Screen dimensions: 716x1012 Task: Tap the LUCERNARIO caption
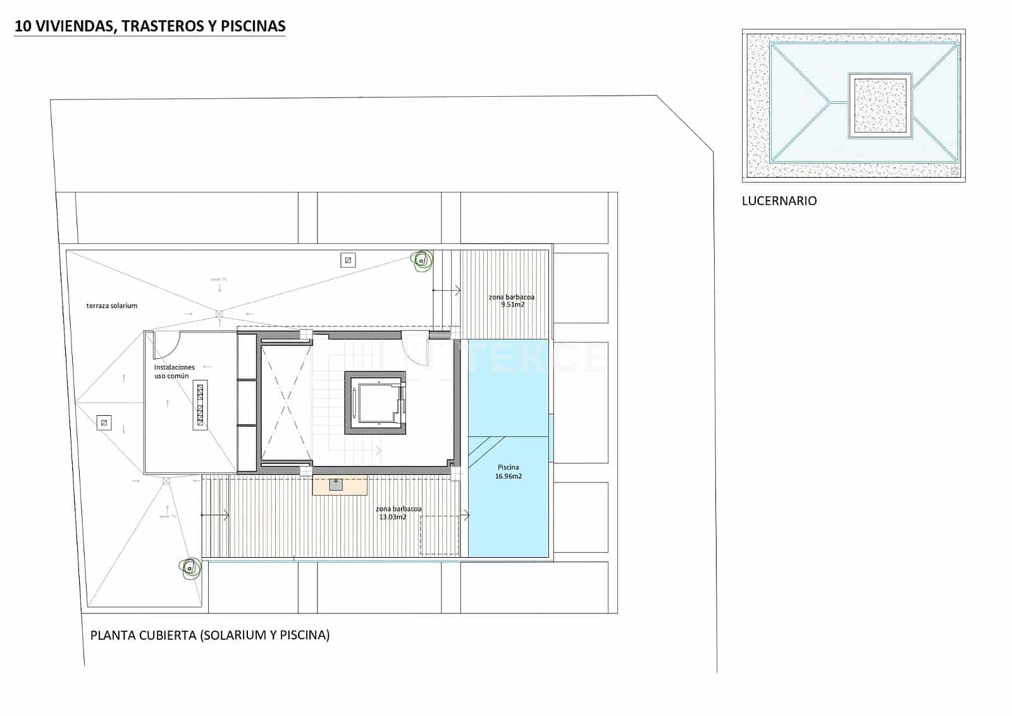pyautogui.click(x=779, y=201)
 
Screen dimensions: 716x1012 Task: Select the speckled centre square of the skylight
pyautogui.click(x=880, y=106)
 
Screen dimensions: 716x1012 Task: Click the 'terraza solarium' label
pyautogui.click(x=112, y=306)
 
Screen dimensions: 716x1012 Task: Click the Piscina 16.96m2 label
pyautogui.click(x=509, y=472)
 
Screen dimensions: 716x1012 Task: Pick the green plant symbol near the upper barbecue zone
pyautogui.click(x=421, y=260)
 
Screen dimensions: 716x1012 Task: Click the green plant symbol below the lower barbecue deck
pyautogui.click(x=189, y=568)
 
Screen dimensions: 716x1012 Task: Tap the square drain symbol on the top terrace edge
pyautogui.click(x=347, y=260)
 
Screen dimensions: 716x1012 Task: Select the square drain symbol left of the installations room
pyautogui.click(x=104, y=422)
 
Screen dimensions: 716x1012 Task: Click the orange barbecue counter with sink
pyautogui.click(x=340, y=486)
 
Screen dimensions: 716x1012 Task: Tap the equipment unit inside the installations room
pyautogui.click(x=200, y=405)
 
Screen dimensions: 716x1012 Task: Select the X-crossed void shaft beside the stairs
pyautogui.click(x=285, y=403)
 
